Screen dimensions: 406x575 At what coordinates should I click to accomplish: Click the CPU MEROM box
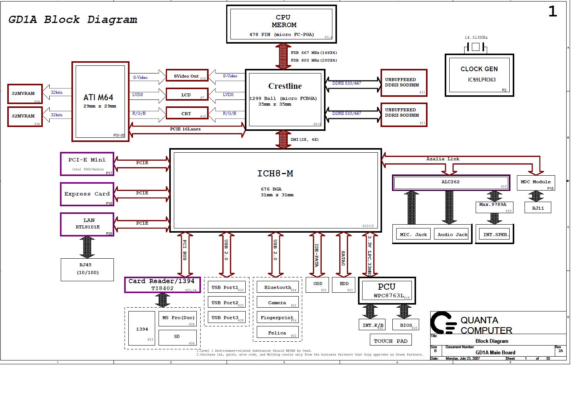pyautogui.click(x=282, y=24)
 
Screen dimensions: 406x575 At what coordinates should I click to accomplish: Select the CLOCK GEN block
pyautogui.click(x=479, y=75)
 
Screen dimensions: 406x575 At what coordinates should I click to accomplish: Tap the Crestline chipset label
pyautogui.click(x=285, y=86)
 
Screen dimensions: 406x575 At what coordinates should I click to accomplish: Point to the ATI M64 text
pyautogui.click(x=98, y=98)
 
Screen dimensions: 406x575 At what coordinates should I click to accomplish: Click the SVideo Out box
pyautogui.click(x=187, y=76)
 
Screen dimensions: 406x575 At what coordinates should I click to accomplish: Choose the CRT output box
pyautogui.click(x=187, y=113)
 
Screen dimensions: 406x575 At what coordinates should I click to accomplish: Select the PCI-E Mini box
pyautogui.click(x=87, y=164)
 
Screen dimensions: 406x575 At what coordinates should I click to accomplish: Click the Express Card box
pyautogui.click(x=87, y=194)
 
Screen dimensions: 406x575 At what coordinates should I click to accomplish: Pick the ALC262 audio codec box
pyautogui.click(x=451, y=182)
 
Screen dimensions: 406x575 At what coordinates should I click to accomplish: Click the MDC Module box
pyautogui.click(x=535, y=183)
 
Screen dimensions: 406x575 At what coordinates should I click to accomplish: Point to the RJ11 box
pyautogui.click(x=538, y=208)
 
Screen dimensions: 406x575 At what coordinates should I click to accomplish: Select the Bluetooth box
pyautogui.click(x=277, y=287)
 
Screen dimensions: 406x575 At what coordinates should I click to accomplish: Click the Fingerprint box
pyautogui.click(x=277, y=318)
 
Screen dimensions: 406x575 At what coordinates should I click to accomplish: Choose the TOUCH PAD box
pyautogui.click(x=390, y=341)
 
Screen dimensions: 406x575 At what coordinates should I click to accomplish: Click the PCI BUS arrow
pyautogui.click(x=185, y=254)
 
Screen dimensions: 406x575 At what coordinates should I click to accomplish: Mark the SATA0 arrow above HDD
pyautogui.click(x=343, y=254)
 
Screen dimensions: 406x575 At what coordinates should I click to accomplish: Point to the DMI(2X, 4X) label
pyautogui.click(x=305, y=140)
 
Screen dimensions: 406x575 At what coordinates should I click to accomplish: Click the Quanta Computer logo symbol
pyautogui.click(x=443, y=323)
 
